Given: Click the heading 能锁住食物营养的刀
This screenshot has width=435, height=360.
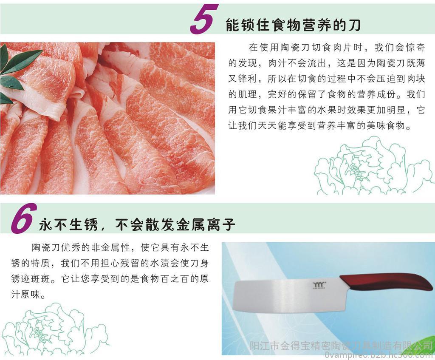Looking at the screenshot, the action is coord(293,25).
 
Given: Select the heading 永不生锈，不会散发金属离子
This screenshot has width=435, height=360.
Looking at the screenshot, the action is coord(137,224).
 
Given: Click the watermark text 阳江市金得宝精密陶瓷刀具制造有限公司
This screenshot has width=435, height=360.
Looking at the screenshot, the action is coord(341,346).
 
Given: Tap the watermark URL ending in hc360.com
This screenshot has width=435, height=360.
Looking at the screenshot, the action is coord(379,355).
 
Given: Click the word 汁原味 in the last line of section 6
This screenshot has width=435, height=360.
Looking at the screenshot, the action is coord(25,294).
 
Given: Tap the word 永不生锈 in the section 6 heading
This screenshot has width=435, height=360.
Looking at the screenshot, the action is coord(68,224).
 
